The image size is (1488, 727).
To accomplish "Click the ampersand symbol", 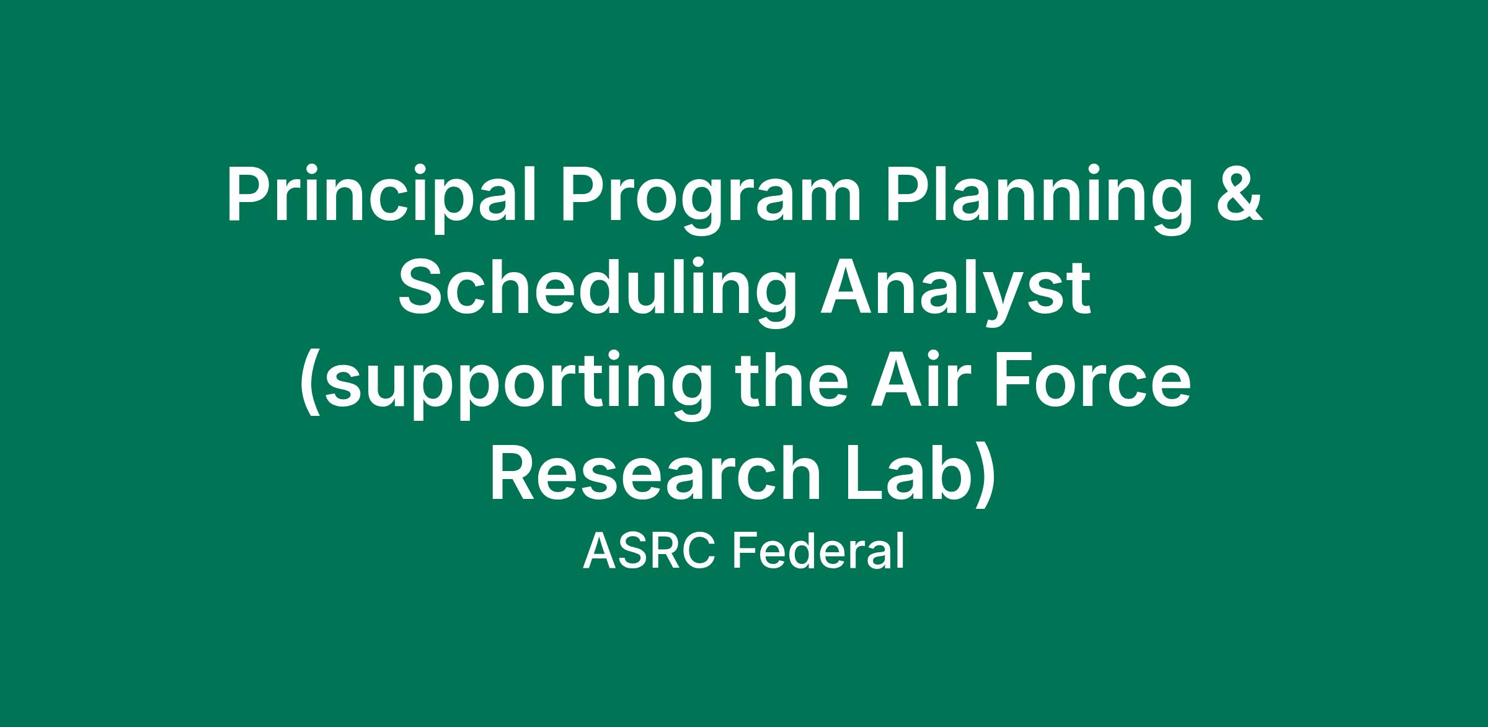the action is [1237, 193].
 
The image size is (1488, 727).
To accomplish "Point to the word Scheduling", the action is [597, 290].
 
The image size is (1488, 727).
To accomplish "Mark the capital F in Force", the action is [1013, 379].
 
